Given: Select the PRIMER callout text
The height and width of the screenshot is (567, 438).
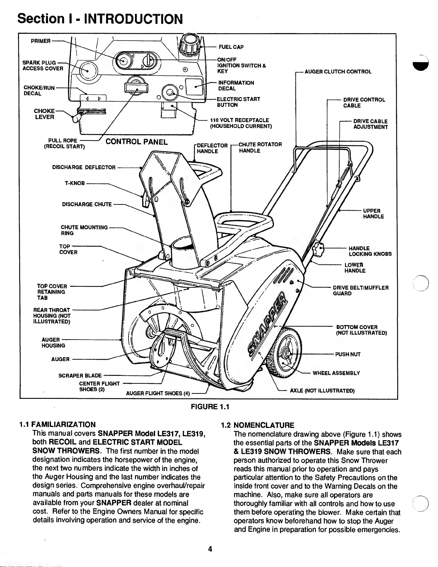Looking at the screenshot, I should (41, 41).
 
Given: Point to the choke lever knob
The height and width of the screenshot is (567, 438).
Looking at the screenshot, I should (76, 118).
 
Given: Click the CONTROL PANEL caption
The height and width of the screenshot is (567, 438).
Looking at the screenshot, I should (136, 142).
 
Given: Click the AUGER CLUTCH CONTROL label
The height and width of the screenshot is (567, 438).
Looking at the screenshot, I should (338, 72).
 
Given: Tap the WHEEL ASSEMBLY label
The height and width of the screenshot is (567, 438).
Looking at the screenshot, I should (336, 373).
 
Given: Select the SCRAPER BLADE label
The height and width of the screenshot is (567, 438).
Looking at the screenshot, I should (80, 376).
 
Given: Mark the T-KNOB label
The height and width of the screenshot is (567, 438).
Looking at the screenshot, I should (75, 183).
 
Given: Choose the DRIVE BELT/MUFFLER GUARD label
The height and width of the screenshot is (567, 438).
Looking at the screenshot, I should (360, 291).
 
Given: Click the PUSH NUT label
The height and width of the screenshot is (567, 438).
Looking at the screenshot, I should (348, 354).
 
